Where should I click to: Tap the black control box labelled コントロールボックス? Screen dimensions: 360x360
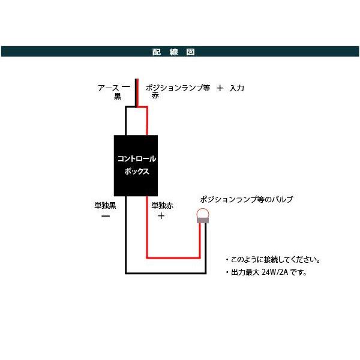[136, 164]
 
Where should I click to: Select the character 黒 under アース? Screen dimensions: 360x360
[118, 96]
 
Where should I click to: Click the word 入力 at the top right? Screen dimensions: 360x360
[237, 88]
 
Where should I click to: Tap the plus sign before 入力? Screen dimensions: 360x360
[220, 88]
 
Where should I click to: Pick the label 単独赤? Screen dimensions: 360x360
[162, 206]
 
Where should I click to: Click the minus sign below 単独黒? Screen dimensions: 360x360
[105, 217]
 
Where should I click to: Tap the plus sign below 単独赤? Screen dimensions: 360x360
[161, 217]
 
